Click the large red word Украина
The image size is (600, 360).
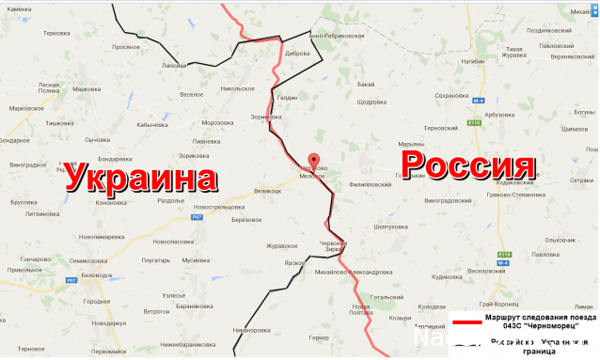tap(140, 178)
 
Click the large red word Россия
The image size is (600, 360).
tap(468, 166)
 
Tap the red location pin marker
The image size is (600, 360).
tap(314, 160)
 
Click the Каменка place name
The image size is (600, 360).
tap(20, 8)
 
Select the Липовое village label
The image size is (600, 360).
tap(175, 66)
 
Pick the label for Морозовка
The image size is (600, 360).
tap(217, 122)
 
